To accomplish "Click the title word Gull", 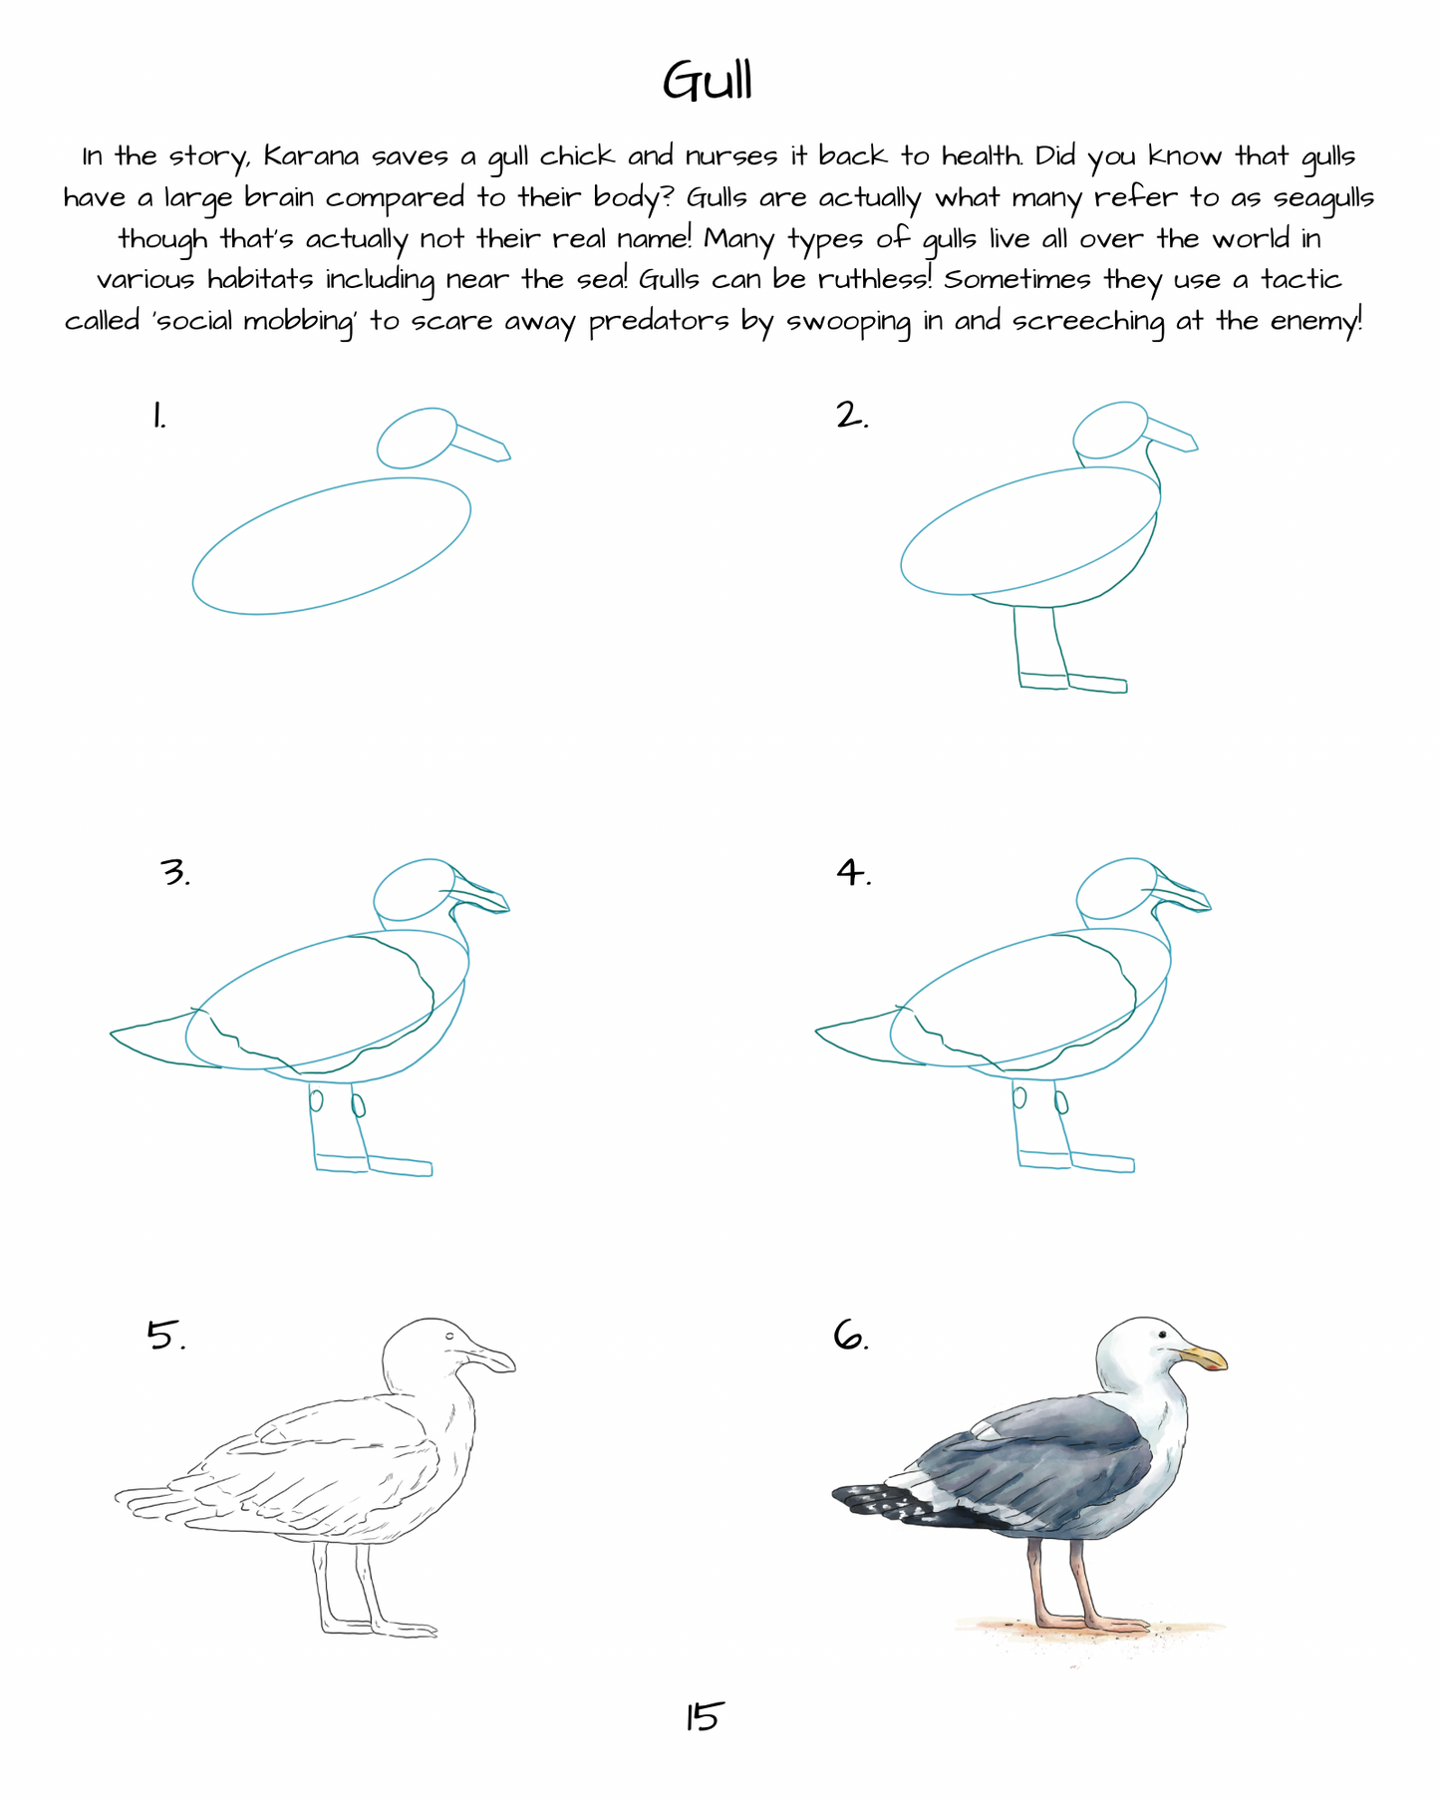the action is point(708,81).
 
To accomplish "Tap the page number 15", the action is point(703,1716).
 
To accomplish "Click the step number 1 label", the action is point(158,415).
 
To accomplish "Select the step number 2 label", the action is point(852,415).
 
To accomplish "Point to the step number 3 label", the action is point(174,872).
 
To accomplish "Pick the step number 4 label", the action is point(853,872).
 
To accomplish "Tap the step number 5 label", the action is point(166,1335).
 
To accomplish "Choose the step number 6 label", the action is point(851,1335).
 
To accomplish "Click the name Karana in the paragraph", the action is point(311,156).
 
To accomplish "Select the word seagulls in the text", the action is point(1323,199).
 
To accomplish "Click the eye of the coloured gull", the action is point(1161,1334).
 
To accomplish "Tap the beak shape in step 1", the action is point(481,443).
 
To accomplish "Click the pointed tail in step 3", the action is point(159,1037).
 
